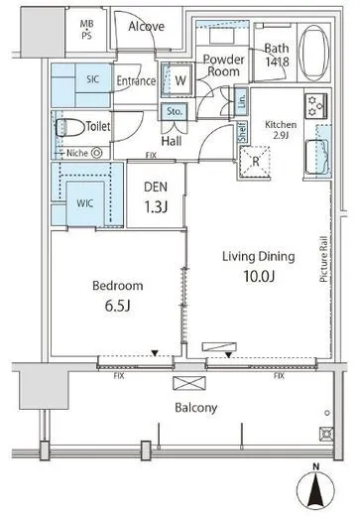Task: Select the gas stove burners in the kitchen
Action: (x=316, y=106)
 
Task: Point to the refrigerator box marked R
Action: (x=255, y=162)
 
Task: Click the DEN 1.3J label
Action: (x=156, y=197)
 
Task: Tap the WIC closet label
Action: (x=85, y=203)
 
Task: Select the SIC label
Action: (x=93, y=79)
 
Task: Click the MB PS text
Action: (x=86, y=29)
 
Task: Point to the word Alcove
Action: (x=146, y=26)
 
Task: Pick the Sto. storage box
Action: (x=175, y=112)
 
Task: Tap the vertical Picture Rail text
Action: (x=323, y=259)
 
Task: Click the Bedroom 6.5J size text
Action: (x=118, y=307)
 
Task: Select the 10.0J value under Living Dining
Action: (x=259, y=277)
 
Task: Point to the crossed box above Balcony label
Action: (x=189, y=383)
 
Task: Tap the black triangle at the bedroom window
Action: (x=155, y=353)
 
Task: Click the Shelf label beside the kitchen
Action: (x=243, y=132)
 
